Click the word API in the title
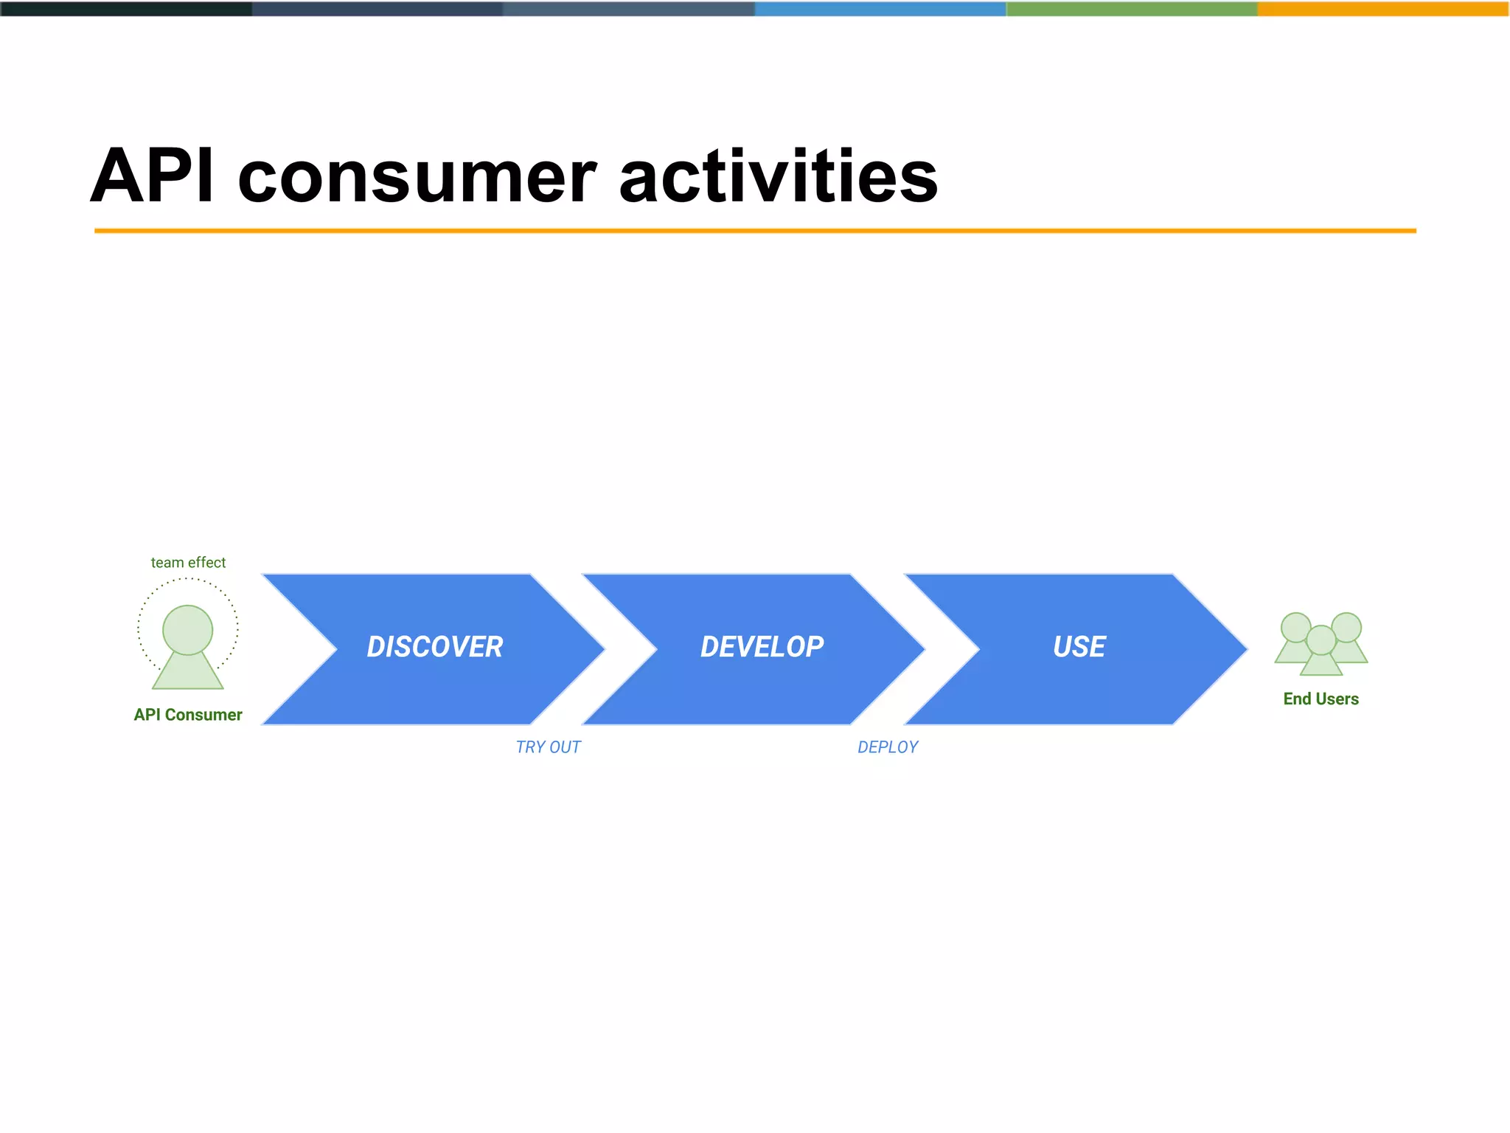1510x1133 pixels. (x=152, y=177)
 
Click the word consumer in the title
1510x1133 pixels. (x=417, y=179)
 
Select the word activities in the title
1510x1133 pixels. (x=778, y=177)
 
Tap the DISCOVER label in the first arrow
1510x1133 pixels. (x=435, y=647)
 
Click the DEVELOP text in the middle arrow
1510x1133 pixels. (x=762, y=647)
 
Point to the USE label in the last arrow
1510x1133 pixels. (x=1079, y=647)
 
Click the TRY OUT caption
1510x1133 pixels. (x=548, y=747)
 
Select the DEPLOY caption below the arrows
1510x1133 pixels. (x=888, y=747)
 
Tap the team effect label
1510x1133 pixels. (x=188, y=562)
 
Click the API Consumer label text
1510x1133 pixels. (x=188, y=715)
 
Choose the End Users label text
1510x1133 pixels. (x=1321, y=699)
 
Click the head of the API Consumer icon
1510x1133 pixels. (x=187, y=629)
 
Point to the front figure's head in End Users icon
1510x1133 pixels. (x=1321, y=640)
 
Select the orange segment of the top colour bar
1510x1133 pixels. (x=1383, y=9)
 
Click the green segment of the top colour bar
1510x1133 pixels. (x=1132, y=9)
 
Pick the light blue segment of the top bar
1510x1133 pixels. (x=880, y=9)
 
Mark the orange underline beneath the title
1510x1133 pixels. (x=755, y=231)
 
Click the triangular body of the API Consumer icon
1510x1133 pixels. (x=187, y=673)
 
